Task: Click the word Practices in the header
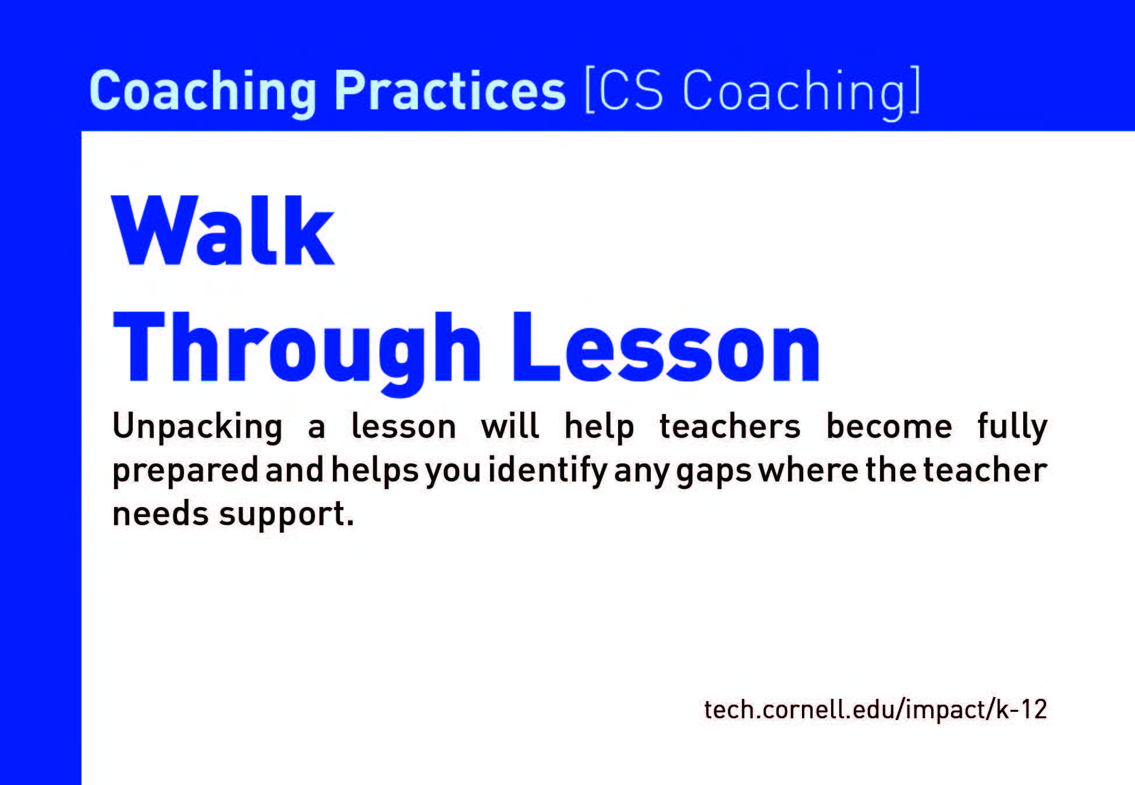tap(449, 91)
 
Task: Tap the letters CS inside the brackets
tap(630, 91)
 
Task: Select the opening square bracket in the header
tap(589, 91)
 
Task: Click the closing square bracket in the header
tap(914, 91)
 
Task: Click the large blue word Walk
tap(223, 231)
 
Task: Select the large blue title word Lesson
tap(666, 347)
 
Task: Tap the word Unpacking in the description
tap(197, 427)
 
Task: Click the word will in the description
tap(510, 426)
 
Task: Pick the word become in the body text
tap(889, 426)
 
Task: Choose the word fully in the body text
tap(1012, 427)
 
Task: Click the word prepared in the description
tap(185, 470)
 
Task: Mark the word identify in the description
tap(548, 470)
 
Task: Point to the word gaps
tap(713, 473)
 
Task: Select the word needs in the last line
tap(160, 514)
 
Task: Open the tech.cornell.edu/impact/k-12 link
tap(875, 709)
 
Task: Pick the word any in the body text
tap(641, 473)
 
